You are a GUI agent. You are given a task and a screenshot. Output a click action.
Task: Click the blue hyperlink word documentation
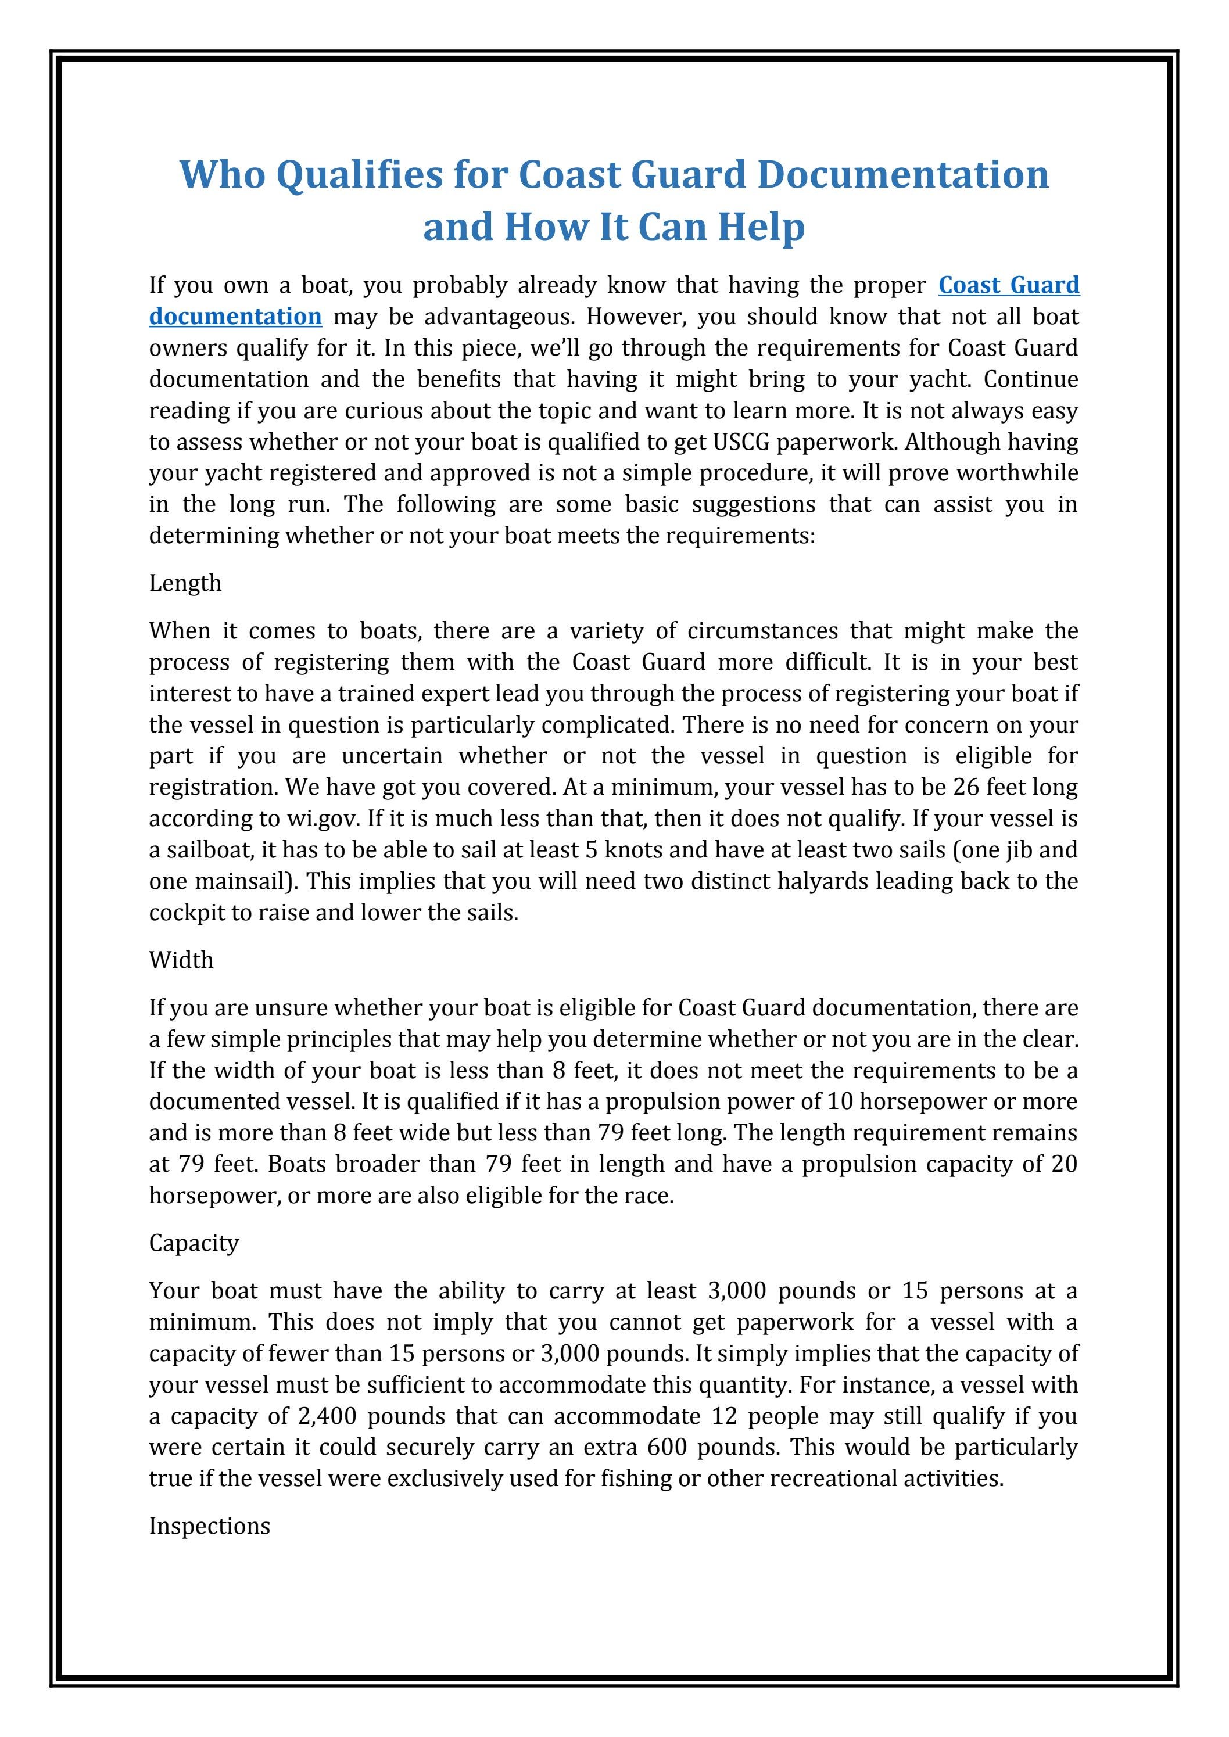click(235, 316)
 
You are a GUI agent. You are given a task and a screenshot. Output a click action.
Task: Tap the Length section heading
click(185, 583)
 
